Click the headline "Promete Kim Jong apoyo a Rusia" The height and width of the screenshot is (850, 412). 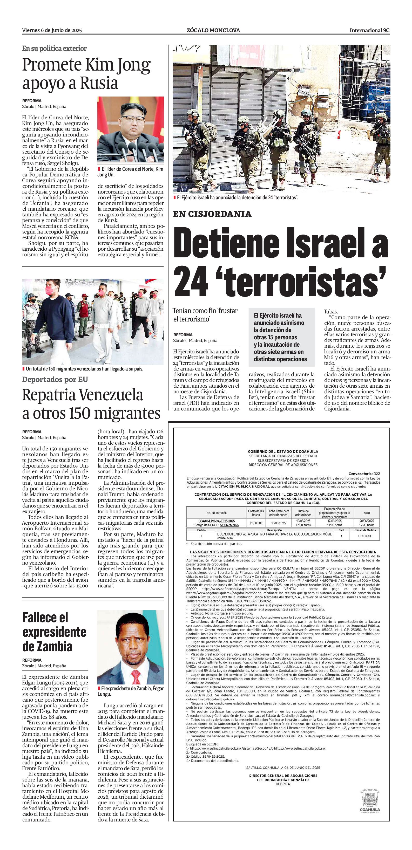click(x=86, y=74)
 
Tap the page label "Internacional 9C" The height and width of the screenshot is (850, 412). click(x=369, y=30)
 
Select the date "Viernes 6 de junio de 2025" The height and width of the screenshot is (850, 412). click(x=52, y=30)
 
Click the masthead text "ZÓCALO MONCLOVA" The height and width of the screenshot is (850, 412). click(x=213, y=30)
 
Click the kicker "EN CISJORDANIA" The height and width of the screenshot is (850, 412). click(x=212, y=214)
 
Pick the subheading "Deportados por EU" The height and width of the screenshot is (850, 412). click(x=55, y=379)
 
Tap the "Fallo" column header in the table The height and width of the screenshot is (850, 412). click(x=367, y=513)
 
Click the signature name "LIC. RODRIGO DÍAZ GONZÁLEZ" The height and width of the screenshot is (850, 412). click(x=283, y=780)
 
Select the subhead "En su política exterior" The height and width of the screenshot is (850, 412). click(x=55, y=49)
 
